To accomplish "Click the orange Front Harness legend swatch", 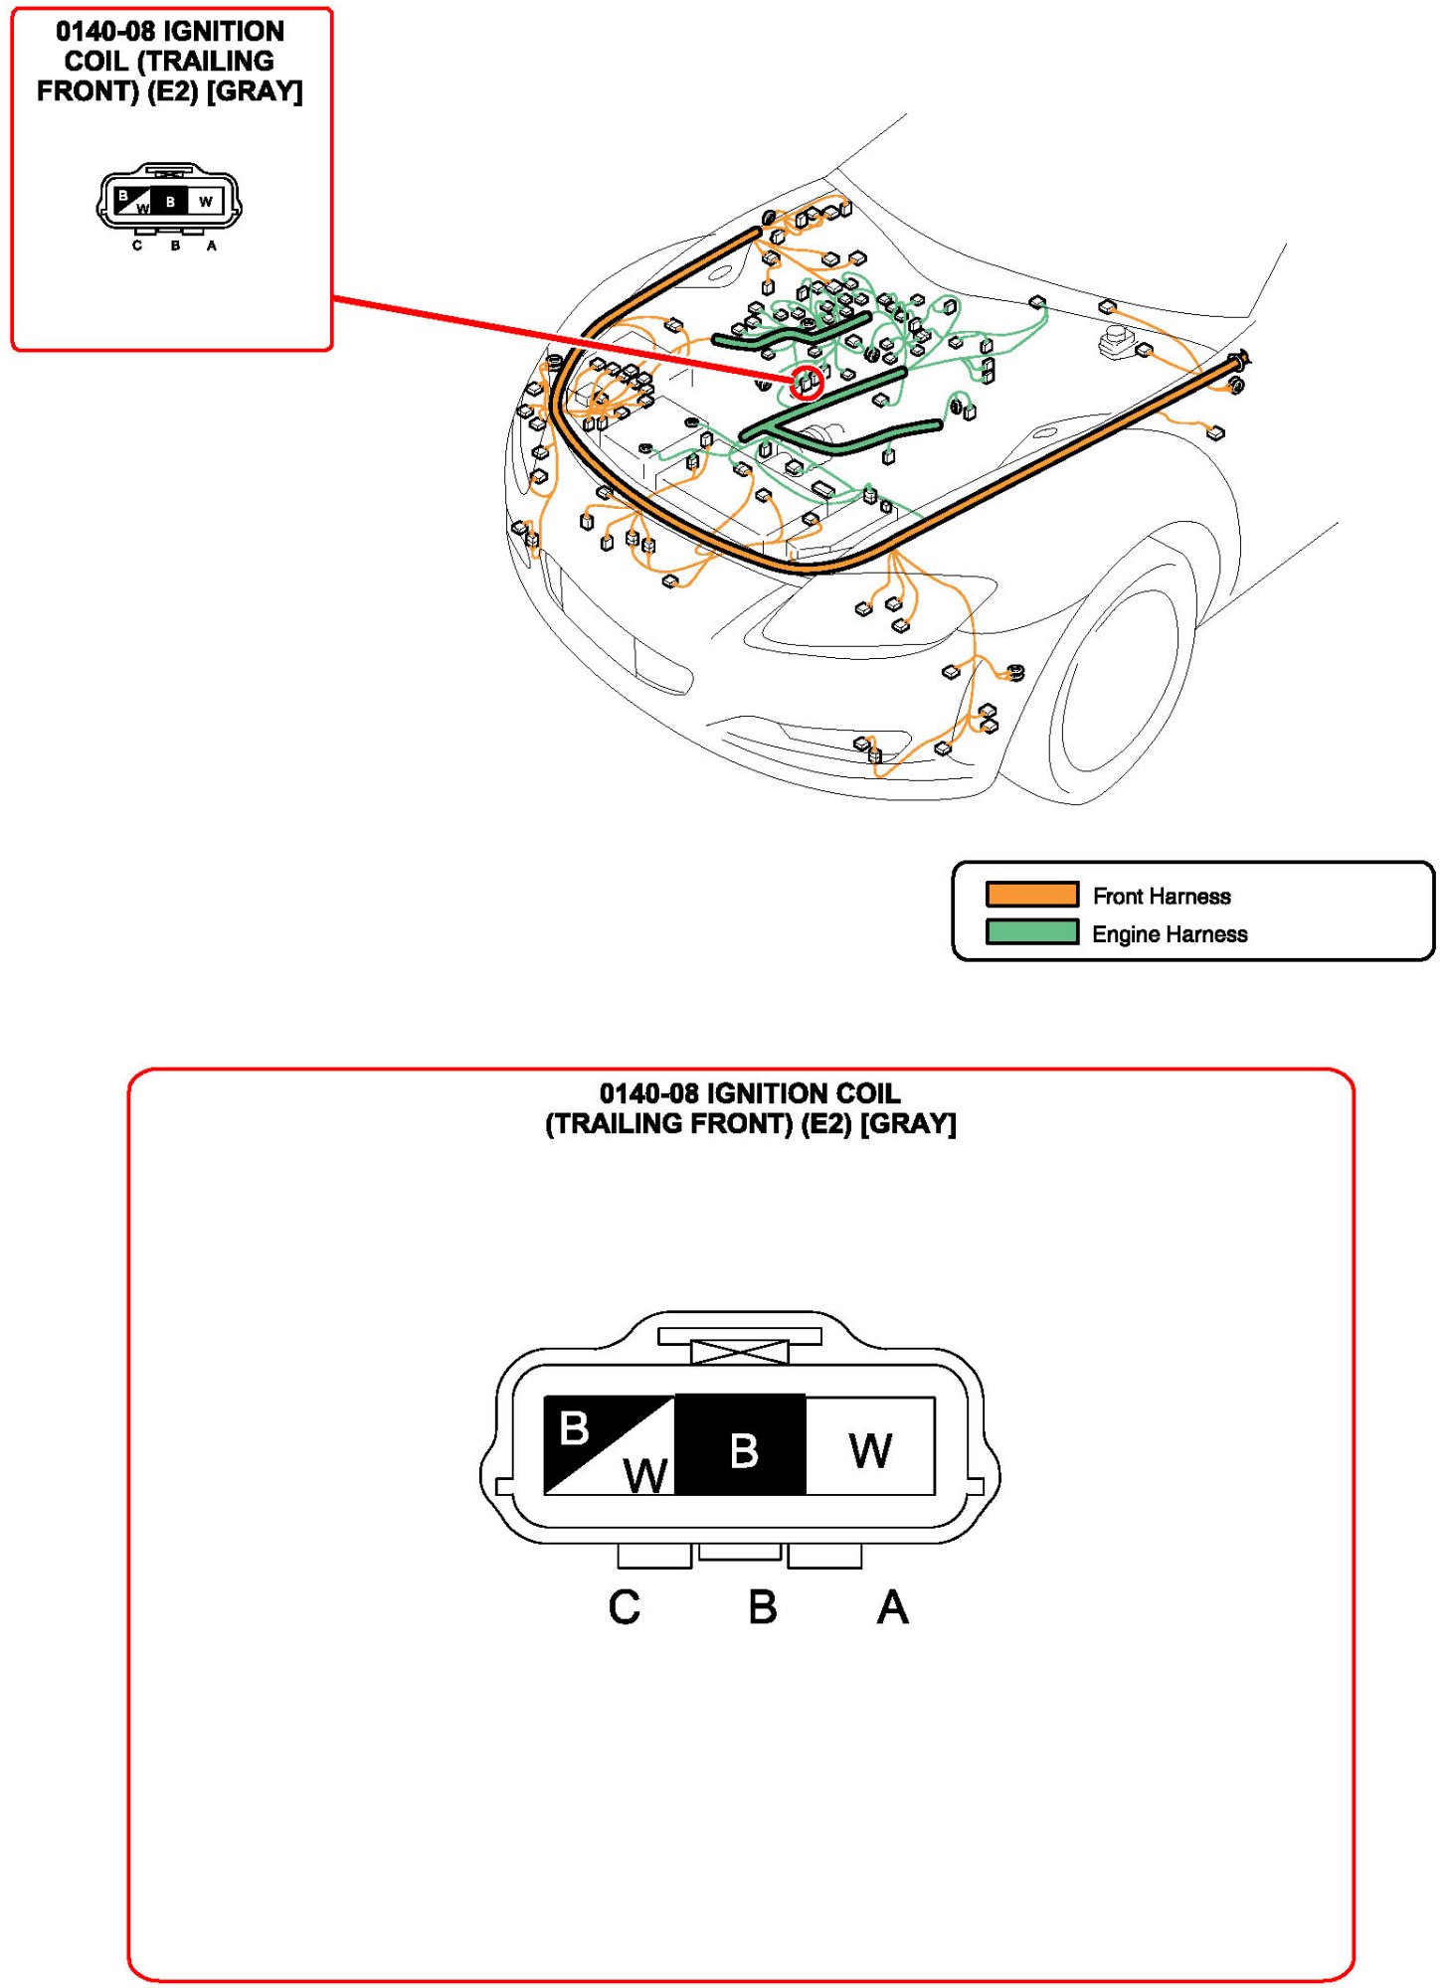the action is tap(1030, 894).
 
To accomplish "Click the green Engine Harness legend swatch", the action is tap(1030, 931).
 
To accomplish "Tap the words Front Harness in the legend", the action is tap(1161, 896).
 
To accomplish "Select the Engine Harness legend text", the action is tap(1169, 933).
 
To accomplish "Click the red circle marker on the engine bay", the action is tap(807, 382).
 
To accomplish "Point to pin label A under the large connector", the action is tap(891, 1606).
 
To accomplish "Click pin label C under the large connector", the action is tap(624, 1606).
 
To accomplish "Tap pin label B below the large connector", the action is tap(762, 1606).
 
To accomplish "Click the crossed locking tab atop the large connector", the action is tap(739, 1351).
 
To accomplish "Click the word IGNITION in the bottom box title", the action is tap(767, 1093).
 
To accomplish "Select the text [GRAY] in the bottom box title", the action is tap(908, 1123).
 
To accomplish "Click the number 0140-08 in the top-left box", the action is tap(104, 32).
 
